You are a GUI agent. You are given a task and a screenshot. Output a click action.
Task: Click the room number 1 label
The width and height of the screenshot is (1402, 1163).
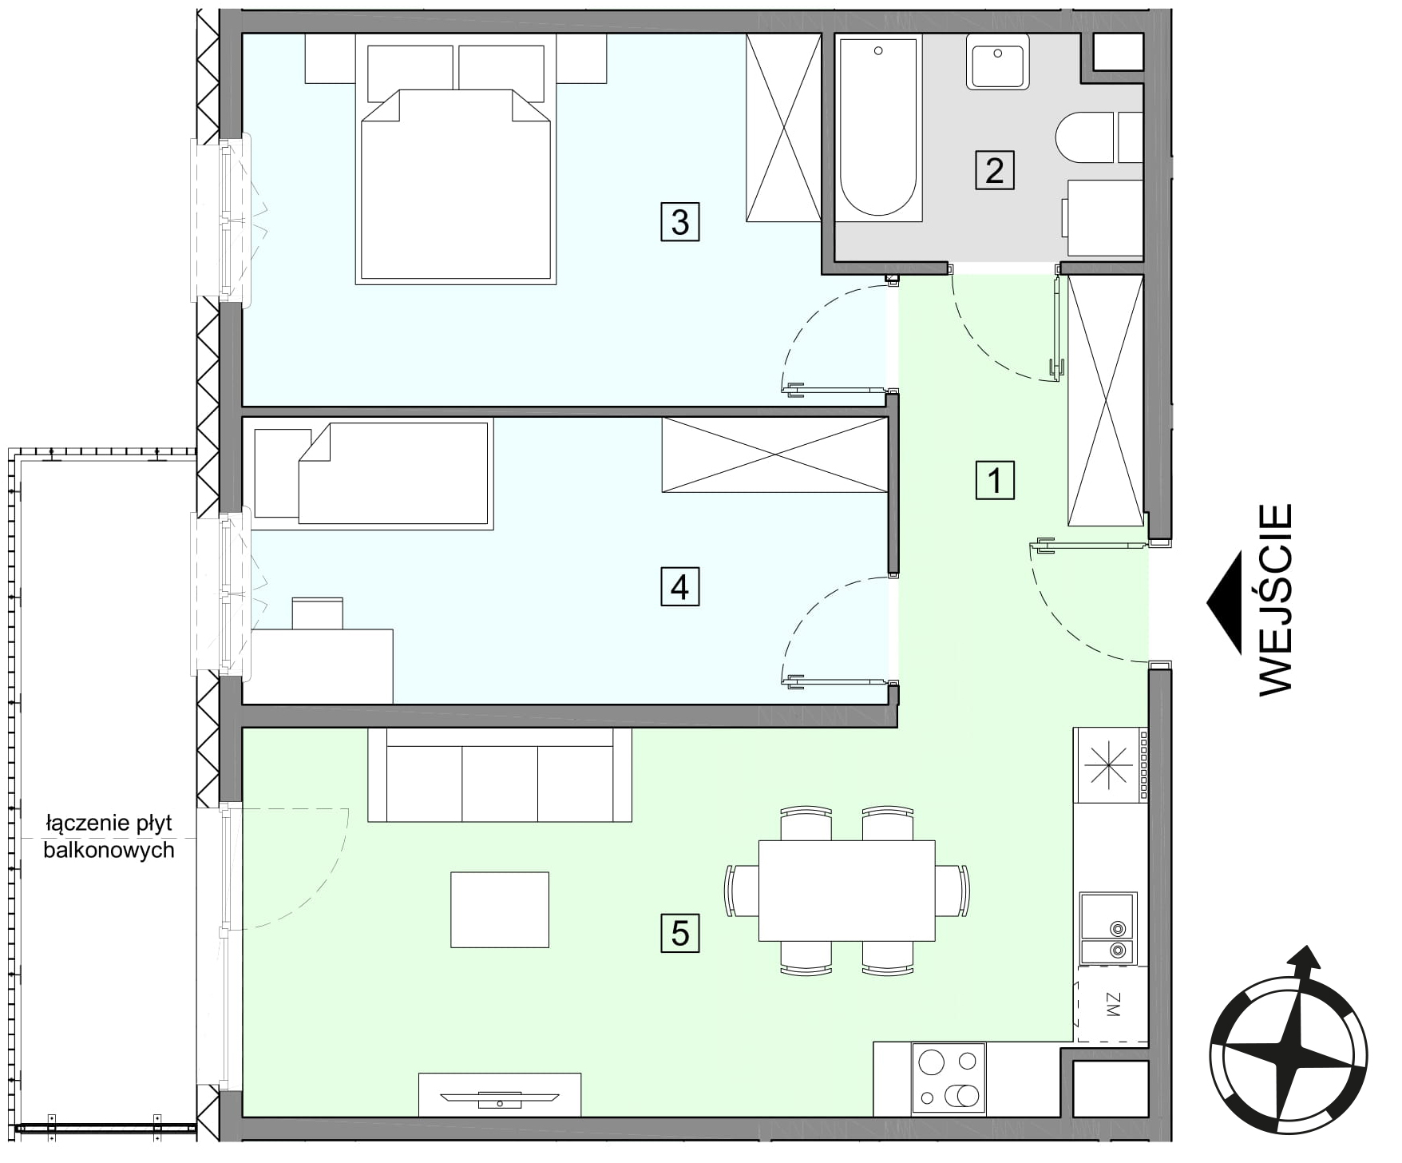click(x=995, y=480)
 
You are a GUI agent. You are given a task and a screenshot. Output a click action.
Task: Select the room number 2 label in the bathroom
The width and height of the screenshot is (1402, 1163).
click(x=995, y=170)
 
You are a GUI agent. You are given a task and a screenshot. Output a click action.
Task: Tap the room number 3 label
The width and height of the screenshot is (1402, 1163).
click(x=679, y=221)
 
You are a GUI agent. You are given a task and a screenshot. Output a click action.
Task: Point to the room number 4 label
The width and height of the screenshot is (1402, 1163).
click(x=679, y=587)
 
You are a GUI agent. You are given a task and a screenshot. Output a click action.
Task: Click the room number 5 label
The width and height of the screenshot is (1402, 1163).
click(x=679, y=933)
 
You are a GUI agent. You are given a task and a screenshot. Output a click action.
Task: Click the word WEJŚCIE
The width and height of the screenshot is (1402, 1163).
click(x=1275, y=599)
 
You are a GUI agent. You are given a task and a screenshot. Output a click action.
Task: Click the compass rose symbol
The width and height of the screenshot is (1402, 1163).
click(x=1288, y=1054)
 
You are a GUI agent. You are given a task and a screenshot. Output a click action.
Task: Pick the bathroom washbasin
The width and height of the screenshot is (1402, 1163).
click(x=997, y=62)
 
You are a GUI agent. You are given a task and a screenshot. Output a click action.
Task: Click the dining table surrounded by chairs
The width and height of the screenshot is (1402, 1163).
click(x=846, y=891)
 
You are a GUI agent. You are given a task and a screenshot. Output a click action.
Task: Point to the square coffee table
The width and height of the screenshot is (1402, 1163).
click(x=500, y=910)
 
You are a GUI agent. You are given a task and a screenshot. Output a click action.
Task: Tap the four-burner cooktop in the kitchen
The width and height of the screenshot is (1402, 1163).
click(x=949, y=1079)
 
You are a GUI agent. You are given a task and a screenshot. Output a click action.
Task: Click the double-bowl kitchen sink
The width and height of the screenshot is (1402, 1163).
click(x=1107, y=928)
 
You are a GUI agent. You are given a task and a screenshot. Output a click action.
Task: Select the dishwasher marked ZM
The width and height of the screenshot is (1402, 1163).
click(x=1111, y=1004)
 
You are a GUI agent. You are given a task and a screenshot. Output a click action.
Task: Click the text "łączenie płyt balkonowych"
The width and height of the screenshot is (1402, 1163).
click(x=109, y=836)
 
